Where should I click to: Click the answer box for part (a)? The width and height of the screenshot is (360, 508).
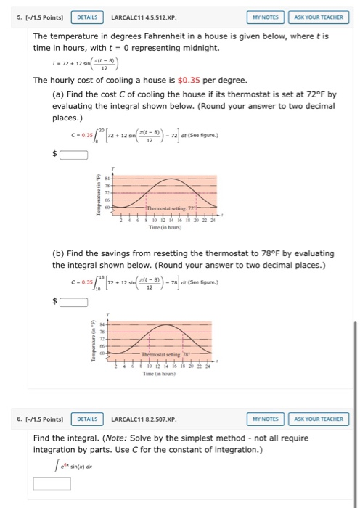pos(73,154)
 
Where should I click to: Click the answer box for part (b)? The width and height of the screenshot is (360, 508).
pos(73,301)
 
